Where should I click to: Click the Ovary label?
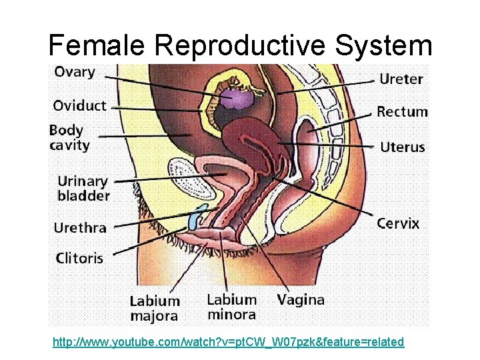[x=74, y=73]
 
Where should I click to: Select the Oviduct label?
[x=79, y=106]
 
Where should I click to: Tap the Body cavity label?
[x=69, y=137]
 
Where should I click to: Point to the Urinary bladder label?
[x=83, y=188]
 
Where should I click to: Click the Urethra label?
[x=80, y=227]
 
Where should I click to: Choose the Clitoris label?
[x=79, y=257]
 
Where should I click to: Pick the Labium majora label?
[x=154, y=308]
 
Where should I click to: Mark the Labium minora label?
[x=231, y=307]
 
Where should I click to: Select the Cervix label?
[x=398, y=223]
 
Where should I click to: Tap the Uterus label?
[x=402, y=147]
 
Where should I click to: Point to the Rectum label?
[x=402, y=111]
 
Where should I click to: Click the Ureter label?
[x=401, y=79]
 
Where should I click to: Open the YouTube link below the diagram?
[x=228, y=342]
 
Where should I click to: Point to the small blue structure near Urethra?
[x=194, y=219]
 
